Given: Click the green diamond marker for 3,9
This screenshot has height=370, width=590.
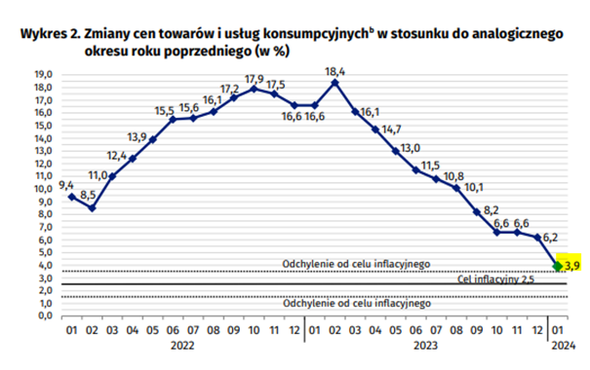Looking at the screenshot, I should pyautogui.click(x=557, y=265).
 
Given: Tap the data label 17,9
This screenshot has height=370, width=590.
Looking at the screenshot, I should pyautogui.click(x=255, y=78).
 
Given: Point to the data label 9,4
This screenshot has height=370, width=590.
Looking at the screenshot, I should pyautogui.click(x=66, y=184).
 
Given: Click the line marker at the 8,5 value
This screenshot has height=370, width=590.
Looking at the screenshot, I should pyautogui.click(x=93, y=207).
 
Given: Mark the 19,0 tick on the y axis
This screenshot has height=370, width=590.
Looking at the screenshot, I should pyautogui.click(x=44, y=75).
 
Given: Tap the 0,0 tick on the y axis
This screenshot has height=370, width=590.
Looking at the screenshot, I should pyautogui.click(x=44, y=314).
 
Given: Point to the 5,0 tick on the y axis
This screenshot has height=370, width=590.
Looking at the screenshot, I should pyautogui.click(x=44, y=251).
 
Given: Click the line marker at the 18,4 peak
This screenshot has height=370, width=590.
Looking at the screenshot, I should pyautogui.click(x=334, y=82).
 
